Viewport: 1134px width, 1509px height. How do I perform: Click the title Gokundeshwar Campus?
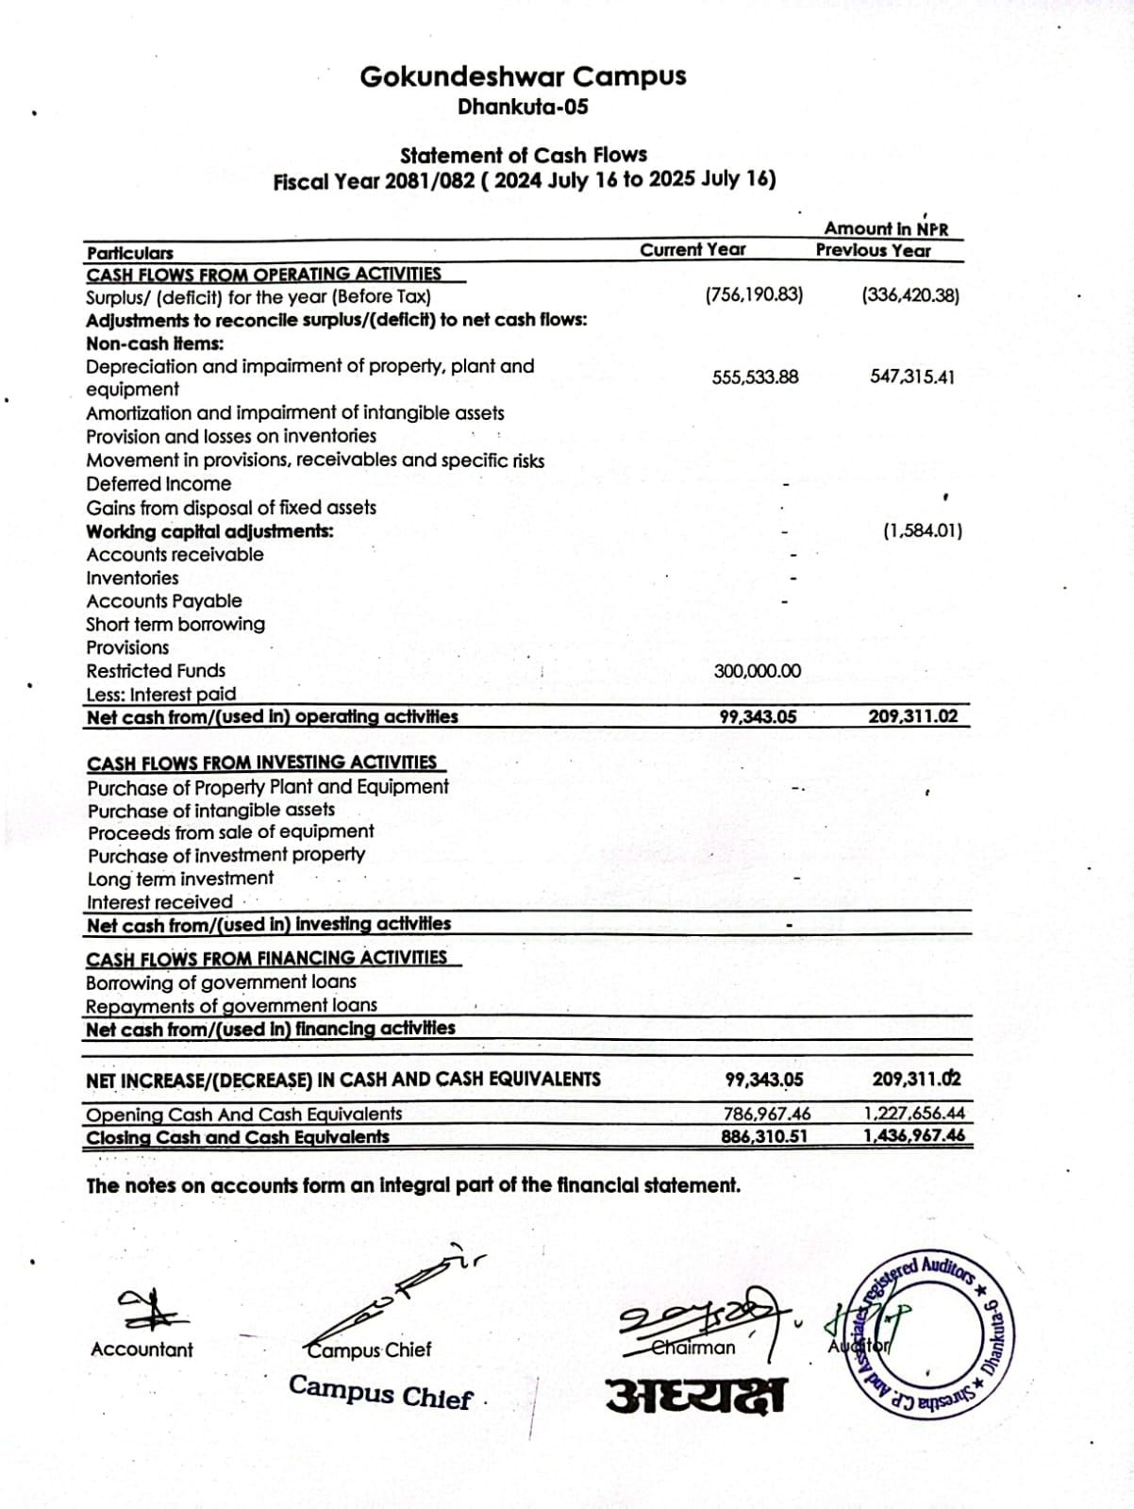(523, 76)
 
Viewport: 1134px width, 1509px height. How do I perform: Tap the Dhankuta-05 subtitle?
(523, 107)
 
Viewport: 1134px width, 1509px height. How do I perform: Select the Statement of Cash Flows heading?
(524, 155)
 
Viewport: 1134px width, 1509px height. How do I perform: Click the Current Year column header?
(692, 250)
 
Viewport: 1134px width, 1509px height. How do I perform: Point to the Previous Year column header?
(873, 251)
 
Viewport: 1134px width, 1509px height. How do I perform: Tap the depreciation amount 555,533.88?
(755, 377)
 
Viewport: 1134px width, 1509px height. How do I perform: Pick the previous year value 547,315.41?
(911, 377)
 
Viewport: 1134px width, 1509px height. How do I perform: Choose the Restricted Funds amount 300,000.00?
(758, 671)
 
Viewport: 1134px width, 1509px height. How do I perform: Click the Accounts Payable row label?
(164, 601)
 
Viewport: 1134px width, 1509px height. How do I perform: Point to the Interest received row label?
(159, 901)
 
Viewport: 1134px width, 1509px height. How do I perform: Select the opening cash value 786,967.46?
(767, 1115)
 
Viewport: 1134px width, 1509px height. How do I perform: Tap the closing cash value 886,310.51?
(764, 1136)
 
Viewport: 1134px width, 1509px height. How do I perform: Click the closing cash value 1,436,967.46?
(914, 1135)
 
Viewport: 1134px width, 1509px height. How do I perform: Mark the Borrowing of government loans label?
(221, 982)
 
